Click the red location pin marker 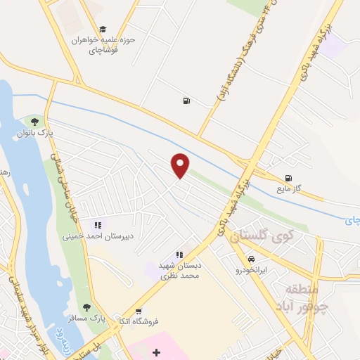(181, 165)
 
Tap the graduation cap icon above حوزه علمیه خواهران (103, 30)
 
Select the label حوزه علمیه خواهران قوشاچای (103, 45)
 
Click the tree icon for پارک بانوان (34, 121)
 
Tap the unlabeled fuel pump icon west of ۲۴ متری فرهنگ (186, 101)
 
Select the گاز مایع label (288, 190)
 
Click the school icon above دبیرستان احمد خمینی (98, 226)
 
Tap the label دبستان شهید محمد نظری (179, 270)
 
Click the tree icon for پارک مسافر (86, 307)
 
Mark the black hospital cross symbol (156, 352)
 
